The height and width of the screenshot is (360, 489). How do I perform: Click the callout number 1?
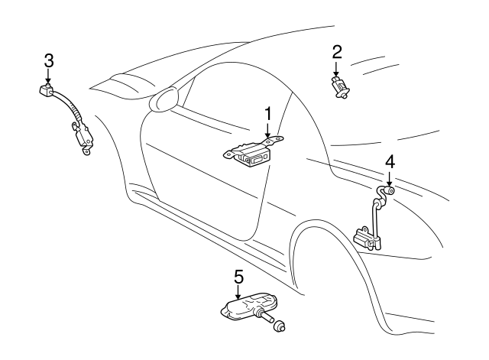[268, 113]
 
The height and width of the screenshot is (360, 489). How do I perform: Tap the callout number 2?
[337, 52]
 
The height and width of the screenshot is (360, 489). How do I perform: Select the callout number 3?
[48, 60]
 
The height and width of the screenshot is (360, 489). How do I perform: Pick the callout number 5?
[238, 276]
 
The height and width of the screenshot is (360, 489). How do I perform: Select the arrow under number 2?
[337, 69]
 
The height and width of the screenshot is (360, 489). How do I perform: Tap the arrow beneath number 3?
[48, 76]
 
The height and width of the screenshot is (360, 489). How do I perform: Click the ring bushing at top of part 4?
[388, 190]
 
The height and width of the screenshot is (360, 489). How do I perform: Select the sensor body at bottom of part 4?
[366, 238]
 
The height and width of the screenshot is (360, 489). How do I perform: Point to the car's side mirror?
[166, 100]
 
